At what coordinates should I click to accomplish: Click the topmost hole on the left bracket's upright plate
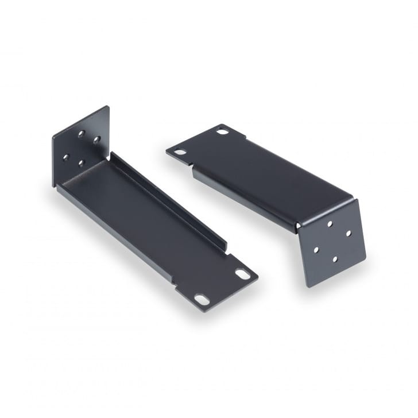pyautogui.click(x=82, y=133)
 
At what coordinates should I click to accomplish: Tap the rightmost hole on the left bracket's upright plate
pyautogui.click(x=96, y=140)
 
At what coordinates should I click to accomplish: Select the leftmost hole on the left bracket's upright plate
pyautogui.click(x=66, y=156)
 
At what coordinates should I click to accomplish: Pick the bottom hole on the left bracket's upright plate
pyautogui.click(x=81, y=163)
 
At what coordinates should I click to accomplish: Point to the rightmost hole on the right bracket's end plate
pyautogui.click(x=348, y=234)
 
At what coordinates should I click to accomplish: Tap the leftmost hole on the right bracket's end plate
pyautogui.click(x=316, y=250)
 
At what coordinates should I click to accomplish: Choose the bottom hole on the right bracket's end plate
pyautogui.click(x=334, y=259)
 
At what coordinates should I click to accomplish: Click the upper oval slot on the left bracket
pyautogui.click(x=242, y=274)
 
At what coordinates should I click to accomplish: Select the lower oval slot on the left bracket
pyautogui.click(x=202, y=299)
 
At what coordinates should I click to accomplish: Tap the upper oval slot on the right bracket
pyautogui.click(x=222, y=131)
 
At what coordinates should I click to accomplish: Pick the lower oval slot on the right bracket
pyautogui.click(x=181, y=152)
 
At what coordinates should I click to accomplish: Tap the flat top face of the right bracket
pyautogui.click(x=264, y=172)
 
